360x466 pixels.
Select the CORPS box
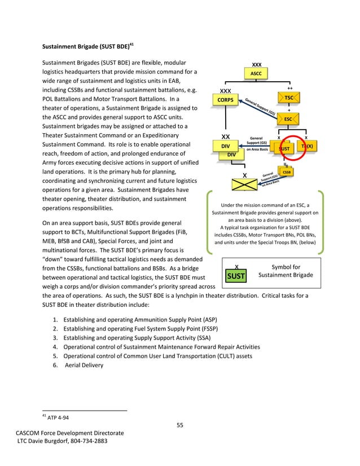[225, 100]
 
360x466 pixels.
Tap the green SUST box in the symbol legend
[236, 276]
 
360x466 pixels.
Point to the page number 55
[179, 425]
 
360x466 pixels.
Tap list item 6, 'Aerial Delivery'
[85, 365]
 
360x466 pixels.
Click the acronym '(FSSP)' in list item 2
[208, 328]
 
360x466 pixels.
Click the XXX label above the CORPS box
[225, 91]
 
